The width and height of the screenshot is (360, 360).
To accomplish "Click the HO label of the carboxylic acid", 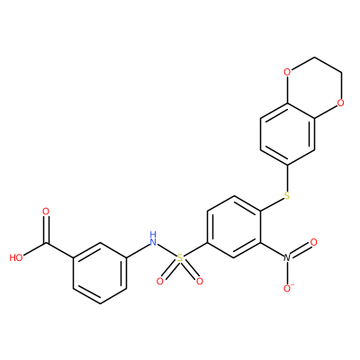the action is [16, 257].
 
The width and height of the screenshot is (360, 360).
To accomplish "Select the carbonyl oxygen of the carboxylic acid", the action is [46, 211].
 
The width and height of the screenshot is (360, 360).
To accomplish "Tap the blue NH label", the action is [153, 238].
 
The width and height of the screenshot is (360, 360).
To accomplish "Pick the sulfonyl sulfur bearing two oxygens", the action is [179, 257].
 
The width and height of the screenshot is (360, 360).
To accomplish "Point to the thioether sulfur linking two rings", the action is [287, 195].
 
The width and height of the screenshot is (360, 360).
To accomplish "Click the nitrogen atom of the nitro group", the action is [287, 257].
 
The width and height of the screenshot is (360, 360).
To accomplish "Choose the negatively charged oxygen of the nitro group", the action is [288, 288].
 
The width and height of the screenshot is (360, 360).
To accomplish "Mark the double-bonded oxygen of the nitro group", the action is [313, 242].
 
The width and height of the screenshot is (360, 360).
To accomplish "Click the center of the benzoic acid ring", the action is [100, 273].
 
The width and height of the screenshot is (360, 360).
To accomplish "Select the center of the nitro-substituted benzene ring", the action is [233, 227].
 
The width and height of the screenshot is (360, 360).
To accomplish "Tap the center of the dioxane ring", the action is [314, 87].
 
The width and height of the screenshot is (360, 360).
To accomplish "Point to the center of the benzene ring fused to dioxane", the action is [287, 134].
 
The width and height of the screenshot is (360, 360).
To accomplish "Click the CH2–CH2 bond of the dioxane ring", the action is [328, 65].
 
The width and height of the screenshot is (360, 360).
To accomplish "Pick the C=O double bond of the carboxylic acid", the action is [46, 229].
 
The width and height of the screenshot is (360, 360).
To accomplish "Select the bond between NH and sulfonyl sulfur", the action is [166, 250].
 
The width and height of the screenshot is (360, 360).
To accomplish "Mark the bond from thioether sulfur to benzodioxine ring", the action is [287, 178].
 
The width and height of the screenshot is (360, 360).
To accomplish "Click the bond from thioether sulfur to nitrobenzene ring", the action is [272, 204].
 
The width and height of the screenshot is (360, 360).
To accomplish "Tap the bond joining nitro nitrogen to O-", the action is [287, 273].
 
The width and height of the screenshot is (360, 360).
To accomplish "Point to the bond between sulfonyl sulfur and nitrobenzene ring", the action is [194, 249].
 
